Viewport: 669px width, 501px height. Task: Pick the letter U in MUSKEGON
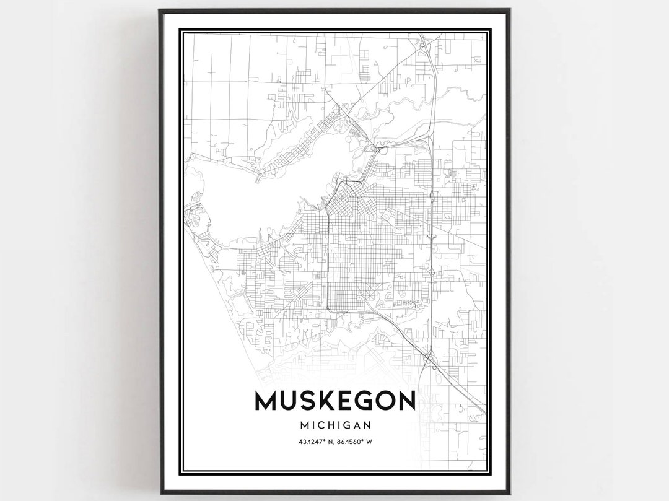point(287,401)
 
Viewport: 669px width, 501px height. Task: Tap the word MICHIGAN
point(334,425)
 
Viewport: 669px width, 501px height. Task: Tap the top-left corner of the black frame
point(160,10)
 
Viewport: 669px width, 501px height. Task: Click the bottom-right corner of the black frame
point(509,493)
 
